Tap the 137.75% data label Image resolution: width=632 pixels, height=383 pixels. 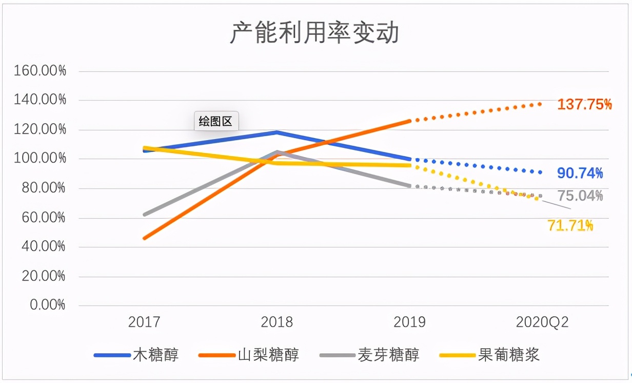[x=584, y=105]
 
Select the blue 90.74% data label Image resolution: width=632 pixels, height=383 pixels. [x=580, y=174]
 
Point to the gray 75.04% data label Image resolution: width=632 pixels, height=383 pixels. [x=580, y=196]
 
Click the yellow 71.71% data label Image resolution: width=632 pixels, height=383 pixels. [x=570, y=225]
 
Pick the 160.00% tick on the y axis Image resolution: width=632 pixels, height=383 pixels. [x=40, y=71]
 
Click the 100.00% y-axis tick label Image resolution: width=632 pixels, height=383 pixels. [x=40, y=159]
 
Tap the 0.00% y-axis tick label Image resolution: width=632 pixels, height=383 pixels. [x=47, y=305]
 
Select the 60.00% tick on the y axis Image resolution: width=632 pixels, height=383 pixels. [x=43, y=217]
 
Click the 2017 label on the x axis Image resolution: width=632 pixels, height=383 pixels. [x=144, y=322]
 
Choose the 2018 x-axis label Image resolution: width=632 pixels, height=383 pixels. [x=276, y=322]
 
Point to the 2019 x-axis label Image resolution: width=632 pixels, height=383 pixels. [x=409, y=322]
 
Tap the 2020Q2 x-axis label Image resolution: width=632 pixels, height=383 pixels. [x=542, y=322]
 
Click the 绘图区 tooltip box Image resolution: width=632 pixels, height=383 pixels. [x=216, y=122]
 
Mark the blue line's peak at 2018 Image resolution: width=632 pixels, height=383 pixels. [x=277, y=132]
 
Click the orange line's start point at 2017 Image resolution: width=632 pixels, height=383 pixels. [x=145, y=238]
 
